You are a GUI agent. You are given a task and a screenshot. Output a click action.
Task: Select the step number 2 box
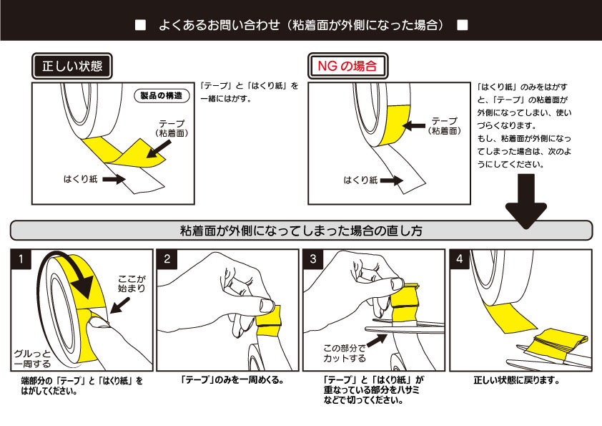click(167, 259)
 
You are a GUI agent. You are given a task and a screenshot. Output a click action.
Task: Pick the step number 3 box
click(313, 259)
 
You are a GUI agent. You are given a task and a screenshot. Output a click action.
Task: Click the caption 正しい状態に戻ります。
click(516, 381)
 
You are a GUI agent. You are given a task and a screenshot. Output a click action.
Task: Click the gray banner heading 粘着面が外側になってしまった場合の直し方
click(300, 231)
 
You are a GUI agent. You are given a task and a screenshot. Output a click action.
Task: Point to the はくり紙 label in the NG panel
click(360, 181)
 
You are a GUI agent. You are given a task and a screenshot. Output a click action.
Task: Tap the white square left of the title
click(140, 26)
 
